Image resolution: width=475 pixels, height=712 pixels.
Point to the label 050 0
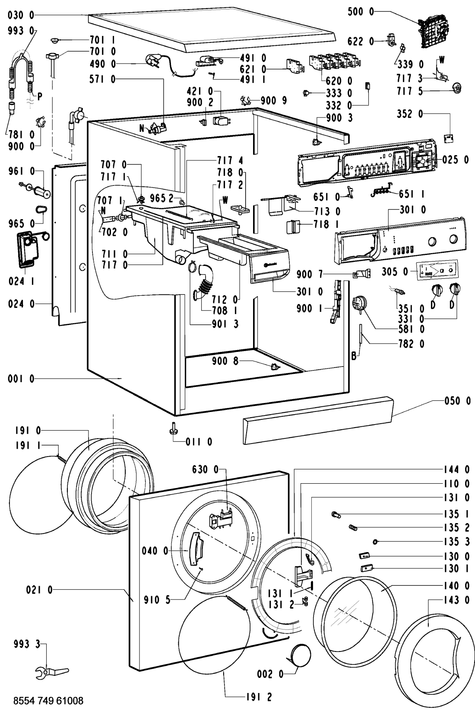pos(458,401)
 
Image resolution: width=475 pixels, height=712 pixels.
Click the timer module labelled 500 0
pos(432,29)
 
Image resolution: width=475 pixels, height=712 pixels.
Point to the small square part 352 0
pos(449,138)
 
